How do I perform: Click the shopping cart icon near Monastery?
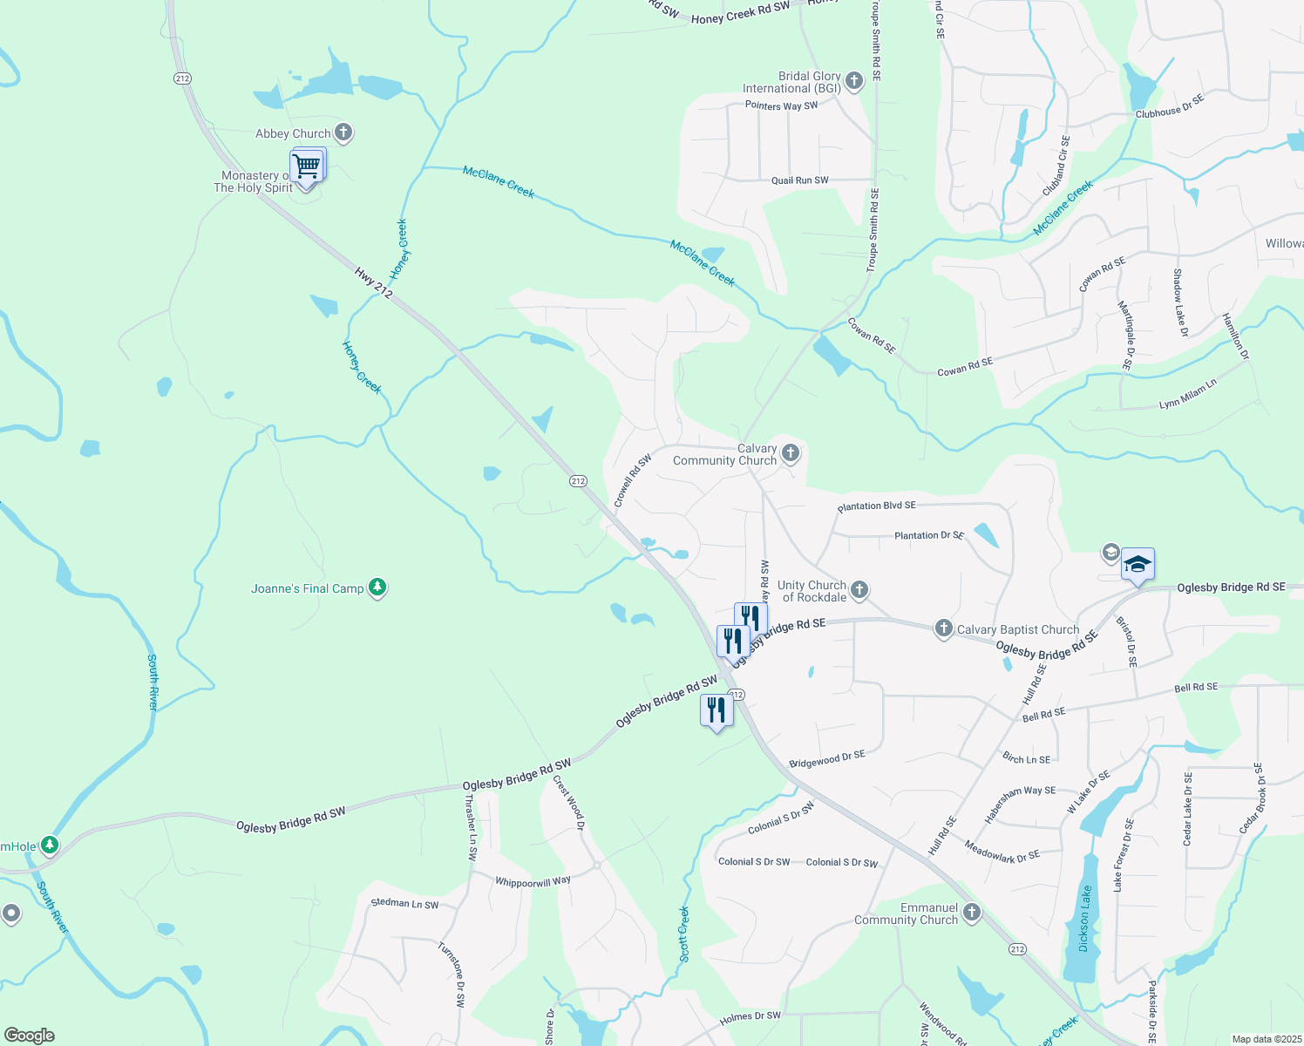(x=306, y=165)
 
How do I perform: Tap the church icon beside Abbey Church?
(x=343, y=132)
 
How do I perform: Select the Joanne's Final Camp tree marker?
(x=377, y=588)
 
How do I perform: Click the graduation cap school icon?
(x=1138, y=566)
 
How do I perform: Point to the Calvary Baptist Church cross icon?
(x=943, y=628)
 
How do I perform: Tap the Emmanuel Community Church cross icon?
(x=972, y=913)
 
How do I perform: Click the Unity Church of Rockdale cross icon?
(x=859, y=590)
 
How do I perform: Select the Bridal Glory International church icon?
(x=854, y=82)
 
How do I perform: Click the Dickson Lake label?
(x=1084, y=919)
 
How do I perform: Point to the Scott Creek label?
(x=684, y=934)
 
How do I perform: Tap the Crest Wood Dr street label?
(x=568, y=803)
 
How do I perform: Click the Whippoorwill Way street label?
(x=533, y=882)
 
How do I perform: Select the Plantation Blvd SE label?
(x=876, y=506)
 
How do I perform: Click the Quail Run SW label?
(x=799, y=180)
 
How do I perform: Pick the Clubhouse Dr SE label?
(x=1170, y=106)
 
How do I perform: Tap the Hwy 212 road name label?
(x=373, y=282)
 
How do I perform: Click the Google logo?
(x=30, y=1036)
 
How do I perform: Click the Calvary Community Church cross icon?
(x=791, y=452)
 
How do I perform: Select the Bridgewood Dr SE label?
(x=826, y=759)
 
